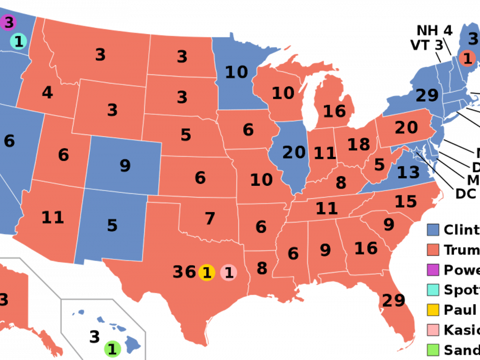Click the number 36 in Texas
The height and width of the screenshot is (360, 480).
click(184, 272)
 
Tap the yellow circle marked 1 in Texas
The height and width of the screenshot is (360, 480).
click(206, 273)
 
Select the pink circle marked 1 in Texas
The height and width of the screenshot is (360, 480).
click(228, 273)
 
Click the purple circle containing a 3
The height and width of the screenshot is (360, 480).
click(9, 22)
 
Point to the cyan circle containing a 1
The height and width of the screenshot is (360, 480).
click(18, 41)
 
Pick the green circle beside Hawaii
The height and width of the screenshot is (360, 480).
click(112, 349)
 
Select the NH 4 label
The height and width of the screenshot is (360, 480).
click(434, 31)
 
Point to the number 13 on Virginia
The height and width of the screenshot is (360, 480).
click(408, 171)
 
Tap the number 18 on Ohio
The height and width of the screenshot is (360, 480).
click(359, 144)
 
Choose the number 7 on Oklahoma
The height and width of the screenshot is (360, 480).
click(210, 218)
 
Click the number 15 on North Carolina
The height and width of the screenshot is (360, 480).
click(406, 201)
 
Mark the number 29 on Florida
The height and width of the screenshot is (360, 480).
click(394, 300)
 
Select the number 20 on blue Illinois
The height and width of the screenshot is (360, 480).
click(294, 152)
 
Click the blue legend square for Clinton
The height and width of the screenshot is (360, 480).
click(433, 230)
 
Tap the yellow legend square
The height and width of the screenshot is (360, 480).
click(433, 310)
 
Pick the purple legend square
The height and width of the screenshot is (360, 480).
click(433, 270)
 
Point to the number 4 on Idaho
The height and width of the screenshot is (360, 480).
click(47, 92)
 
